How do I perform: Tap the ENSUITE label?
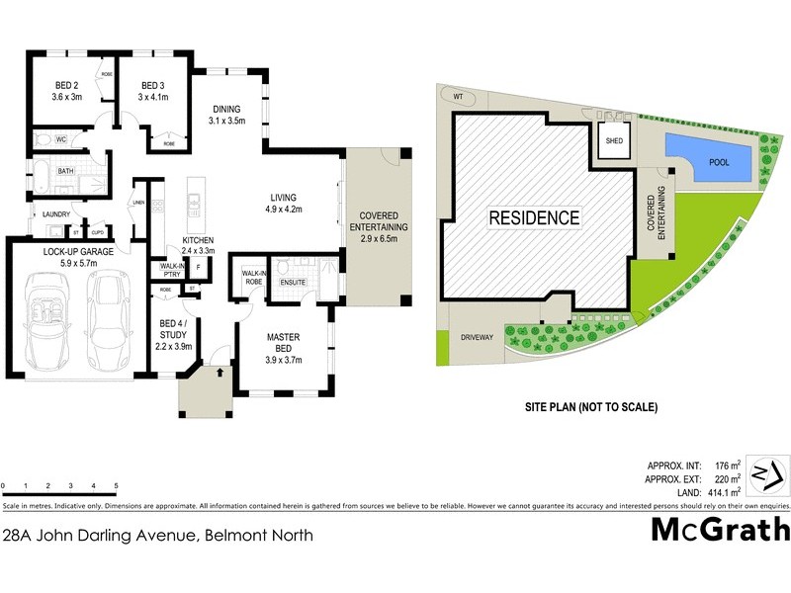click(x=294, y=284)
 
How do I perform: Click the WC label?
click(x=60, y=139)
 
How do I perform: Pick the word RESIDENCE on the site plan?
click(x=534, y=217)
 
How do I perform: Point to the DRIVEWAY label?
click(x=476, y=337)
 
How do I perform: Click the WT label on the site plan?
click(x=458, y=97)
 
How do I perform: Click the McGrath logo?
click(x=720, y=530)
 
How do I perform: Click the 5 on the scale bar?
click(x=116, y=486)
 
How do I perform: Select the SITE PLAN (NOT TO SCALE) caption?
click(x=591, y=406)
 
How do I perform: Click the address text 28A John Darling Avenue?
click(x=158, y=536)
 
